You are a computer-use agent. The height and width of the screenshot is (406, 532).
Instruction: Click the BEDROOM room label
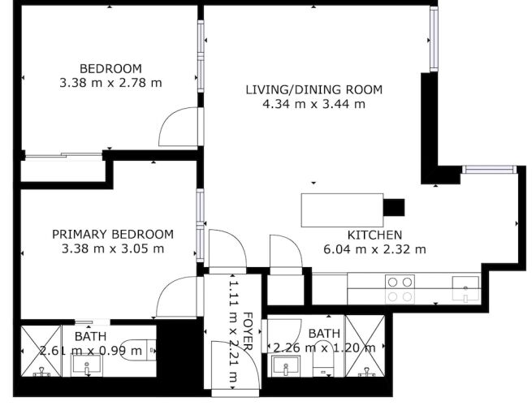click(x=110, y=68)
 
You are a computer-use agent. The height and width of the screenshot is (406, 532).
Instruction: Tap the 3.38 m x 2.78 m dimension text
click(x=110, y=83)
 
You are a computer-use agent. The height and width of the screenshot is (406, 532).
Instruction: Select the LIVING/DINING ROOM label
click(x=314, y=89)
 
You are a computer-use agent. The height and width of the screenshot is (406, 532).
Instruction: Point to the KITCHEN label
click(x=374, y=235)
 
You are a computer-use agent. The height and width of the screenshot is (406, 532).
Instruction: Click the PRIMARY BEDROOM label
click(x=113, y=234)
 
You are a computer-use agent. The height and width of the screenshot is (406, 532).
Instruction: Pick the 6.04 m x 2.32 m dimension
click(x=374, y=249)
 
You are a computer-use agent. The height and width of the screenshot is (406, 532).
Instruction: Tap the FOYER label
click(x=248, y=331)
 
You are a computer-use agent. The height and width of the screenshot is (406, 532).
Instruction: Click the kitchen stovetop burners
click(x=400, y=289)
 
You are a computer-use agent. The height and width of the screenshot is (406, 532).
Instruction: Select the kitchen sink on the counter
click(x=466, y=289)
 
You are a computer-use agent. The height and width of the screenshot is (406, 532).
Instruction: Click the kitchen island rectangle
click(x=342, y=210)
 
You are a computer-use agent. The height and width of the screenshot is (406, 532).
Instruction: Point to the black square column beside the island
click(x=394, y=207)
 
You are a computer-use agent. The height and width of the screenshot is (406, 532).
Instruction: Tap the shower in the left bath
click(x=41, y=351)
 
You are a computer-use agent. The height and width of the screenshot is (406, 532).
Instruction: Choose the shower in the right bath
click(x=365, y=346)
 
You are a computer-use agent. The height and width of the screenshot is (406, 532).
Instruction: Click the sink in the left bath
click(x=86, y=365)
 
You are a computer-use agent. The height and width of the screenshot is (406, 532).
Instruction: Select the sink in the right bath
click(x=285, y=367)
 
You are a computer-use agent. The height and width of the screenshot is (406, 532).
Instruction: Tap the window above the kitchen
click(x=489, y=169)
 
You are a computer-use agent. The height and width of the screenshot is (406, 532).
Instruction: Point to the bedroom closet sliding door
click(x=64, y=155)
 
